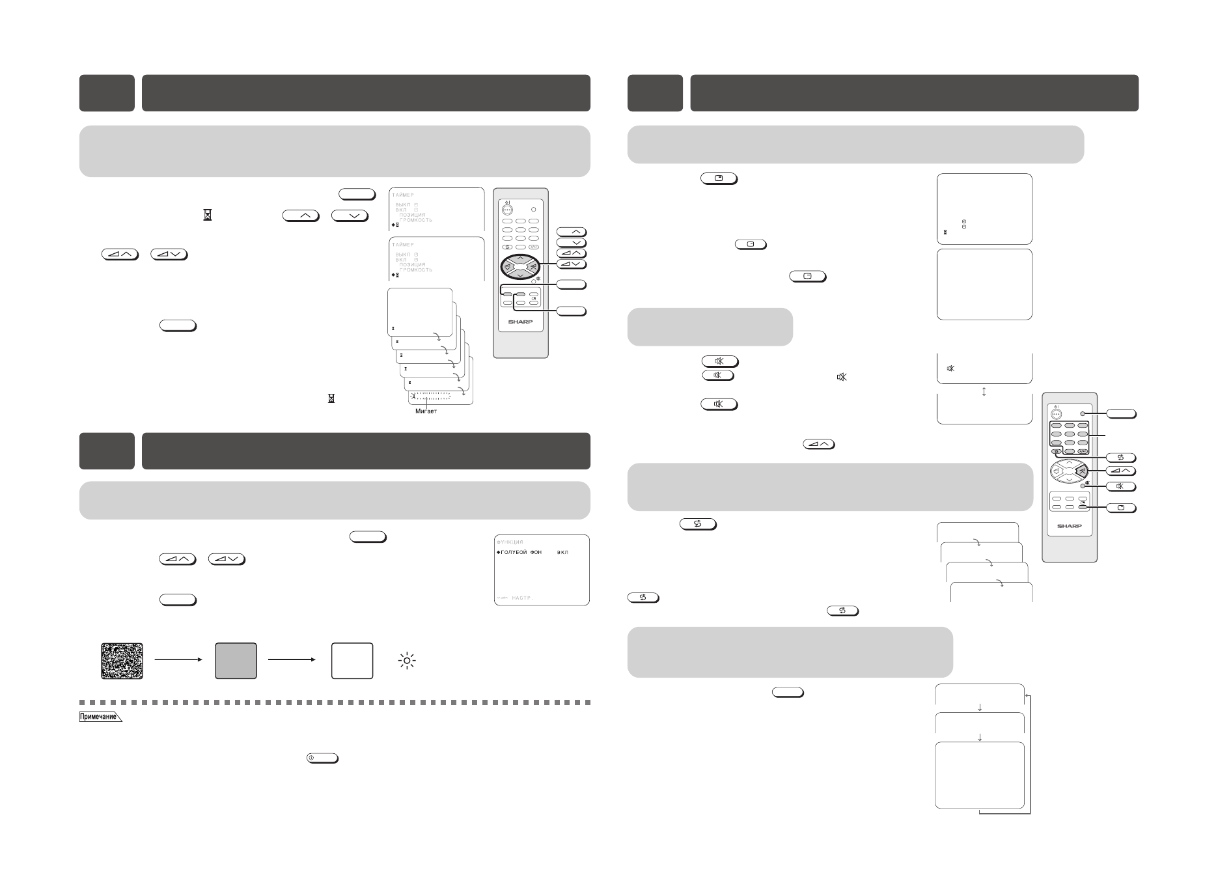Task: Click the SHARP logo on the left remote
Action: (520, 322)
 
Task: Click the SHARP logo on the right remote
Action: (1069, 526)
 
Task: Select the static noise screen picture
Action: (122, 661)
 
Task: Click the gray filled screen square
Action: (236, 661)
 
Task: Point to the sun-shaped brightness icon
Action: (407, 661)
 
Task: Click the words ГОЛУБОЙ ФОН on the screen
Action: (520, 552)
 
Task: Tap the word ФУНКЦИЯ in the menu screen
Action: (510, 542)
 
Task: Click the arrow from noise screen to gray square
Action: (178, 659)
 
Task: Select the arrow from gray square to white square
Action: (292, 659)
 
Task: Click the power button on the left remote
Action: (508, 210)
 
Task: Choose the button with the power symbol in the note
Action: (322, 758)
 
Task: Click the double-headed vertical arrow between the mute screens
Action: (984, 391)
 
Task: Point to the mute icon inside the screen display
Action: (950, 368)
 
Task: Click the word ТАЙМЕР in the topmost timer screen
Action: (402, 195)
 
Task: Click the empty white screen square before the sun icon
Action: (352, 661)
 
